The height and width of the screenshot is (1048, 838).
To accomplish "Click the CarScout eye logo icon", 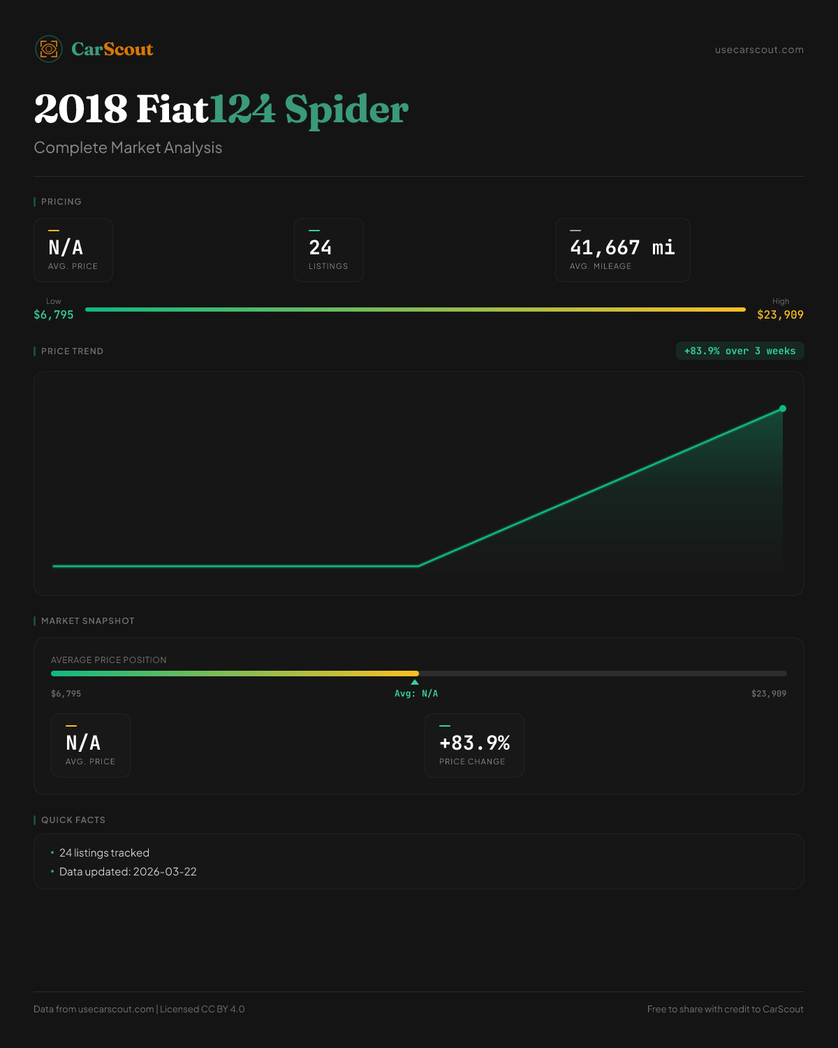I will pos(49,49).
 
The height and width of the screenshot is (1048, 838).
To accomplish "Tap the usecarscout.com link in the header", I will pos(759,50).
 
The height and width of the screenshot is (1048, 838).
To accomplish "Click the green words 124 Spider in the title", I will pos(309,109).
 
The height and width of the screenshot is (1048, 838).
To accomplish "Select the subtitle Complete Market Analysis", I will pos(128,147).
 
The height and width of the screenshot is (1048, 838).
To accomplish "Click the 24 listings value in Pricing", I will pos(321,247).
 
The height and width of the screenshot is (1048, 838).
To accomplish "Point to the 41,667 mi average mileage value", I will pos(622,247).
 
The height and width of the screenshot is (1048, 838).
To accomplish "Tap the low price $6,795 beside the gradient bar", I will pos(54,314).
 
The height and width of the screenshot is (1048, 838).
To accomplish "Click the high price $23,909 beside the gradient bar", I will pos(780,314).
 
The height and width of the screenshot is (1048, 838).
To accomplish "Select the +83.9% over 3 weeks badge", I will pos(740,351).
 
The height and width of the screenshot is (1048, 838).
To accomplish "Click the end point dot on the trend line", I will pos(783,409).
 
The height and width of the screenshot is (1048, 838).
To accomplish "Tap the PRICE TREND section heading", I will pos(72,351).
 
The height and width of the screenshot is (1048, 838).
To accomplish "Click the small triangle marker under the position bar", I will pos(415,682).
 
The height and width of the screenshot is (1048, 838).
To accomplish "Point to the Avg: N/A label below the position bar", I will pos(416,694).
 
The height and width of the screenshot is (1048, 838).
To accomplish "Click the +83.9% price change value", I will pos(474,743).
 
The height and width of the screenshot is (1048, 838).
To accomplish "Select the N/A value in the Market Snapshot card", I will pos(83,743).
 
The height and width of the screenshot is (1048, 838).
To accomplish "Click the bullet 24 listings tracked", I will pos(104,853).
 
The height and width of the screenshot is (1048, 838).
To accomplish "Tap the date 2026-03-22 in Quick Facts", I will pos(165,872).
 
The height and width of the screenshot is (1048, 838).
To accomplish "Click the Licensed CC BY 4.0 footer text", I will pos(203,1009).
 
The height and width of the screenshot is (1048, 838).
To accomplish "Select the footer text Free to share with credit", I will pos(725,1009).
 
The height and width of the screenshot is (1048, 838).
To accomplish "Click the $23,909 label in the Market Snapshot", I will pos(769,694).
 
